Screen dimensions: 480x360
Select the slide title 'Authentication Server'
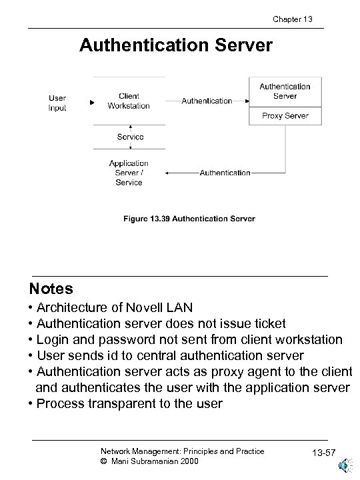click(x=176, y=45)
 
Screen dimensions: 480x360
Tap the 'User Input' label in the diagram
click(x=57, y=103)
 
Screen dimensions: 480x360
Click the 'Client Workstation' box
click(x=129, y=101)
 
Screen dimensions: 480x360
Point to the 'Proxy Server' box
click(x=285, y=115)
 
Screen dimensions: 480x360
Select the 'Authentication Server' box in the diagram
click(x=285, y=91)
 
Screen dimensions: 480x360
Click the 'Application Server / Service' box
click(x=129, y=173)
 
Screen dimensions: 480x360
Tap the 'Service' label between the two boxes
click(x=130, y=137)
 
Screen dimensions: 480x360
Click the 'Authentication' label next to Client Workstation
click(x=207, y=101)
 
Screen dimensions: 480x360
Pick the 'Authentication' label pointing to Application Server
click(x=225, y=173)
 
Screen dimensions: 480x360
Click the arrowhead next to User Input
click(x=92, y=103)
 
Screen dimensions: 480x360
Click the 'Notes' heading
click(x=51, y=289)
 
